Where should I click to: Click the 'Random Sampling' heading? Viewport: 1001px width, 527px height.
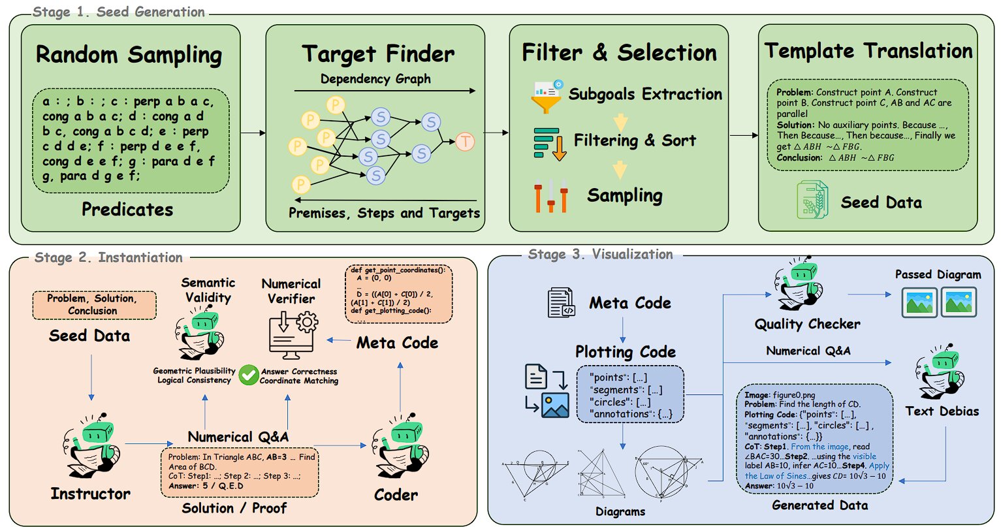129,54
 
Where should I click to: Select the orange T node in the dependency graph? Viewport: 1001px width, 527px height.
464,141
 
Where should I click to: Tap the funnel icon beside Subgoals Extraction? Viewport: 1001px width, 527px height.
547,96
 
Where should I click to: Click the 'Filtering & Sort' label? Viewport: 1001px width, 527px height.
635,140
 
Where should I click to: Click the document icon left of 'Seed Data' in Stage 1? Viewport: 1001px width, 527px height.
812,200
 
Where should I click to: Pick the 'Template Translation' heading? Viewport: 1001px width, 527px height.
868,51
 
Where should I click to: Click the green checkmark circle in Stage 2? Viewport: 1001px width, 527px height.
248,375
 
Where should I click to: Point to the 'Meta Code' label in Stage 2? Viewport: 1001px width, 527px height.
397,342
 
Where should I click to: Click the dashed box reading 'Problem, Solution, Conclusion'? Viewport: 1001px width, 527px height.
93,305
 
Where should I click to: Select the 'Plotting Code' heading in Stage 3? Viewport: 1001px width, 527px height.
625,352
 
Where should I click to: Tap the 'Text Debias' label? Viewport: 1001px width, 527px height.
942,411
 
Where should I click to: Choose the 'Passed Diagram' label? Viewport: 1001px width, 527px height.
938,274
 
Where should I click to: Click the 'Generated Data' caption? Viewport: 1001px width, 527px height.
819,505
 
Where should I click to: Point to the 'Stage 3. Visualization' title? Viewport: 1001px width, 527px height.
600,254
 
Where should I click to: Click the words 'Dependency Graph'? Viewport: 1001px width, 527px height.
375,79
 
